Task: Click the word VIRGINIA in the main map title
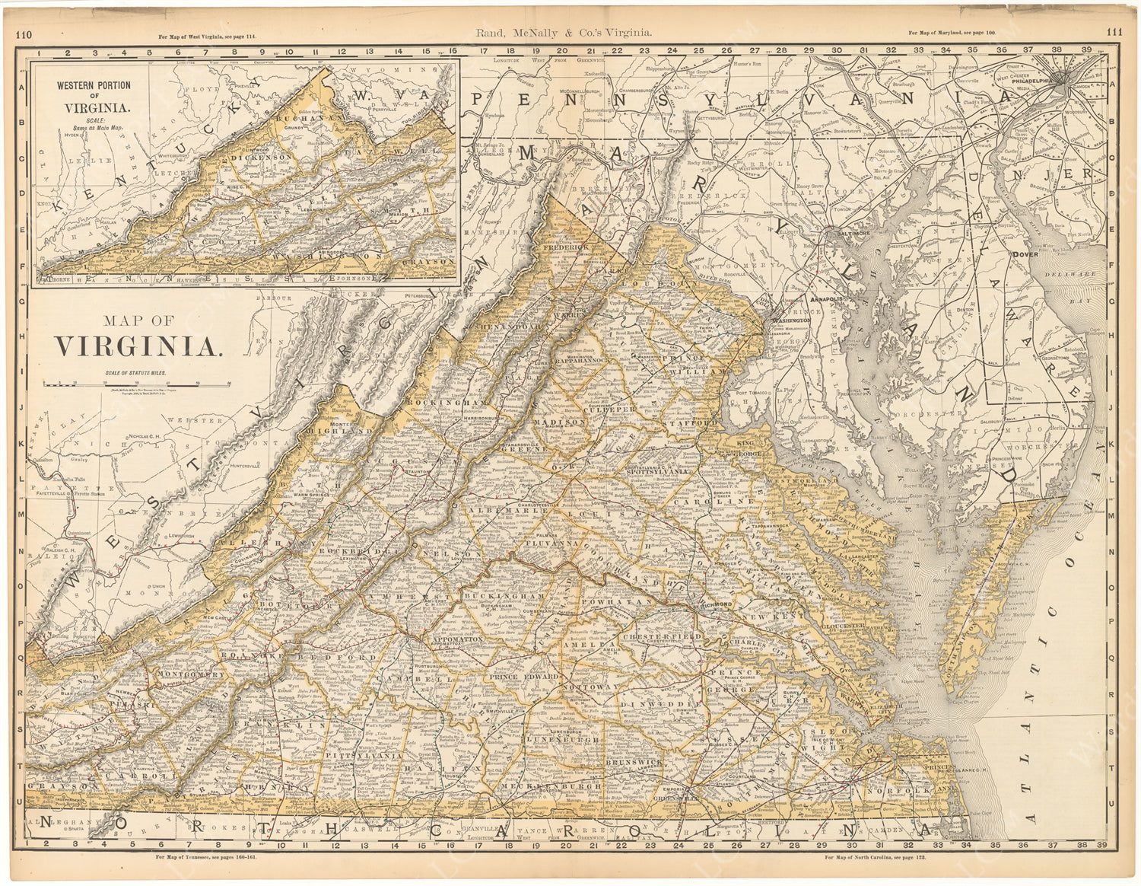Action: pos(138,346)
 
